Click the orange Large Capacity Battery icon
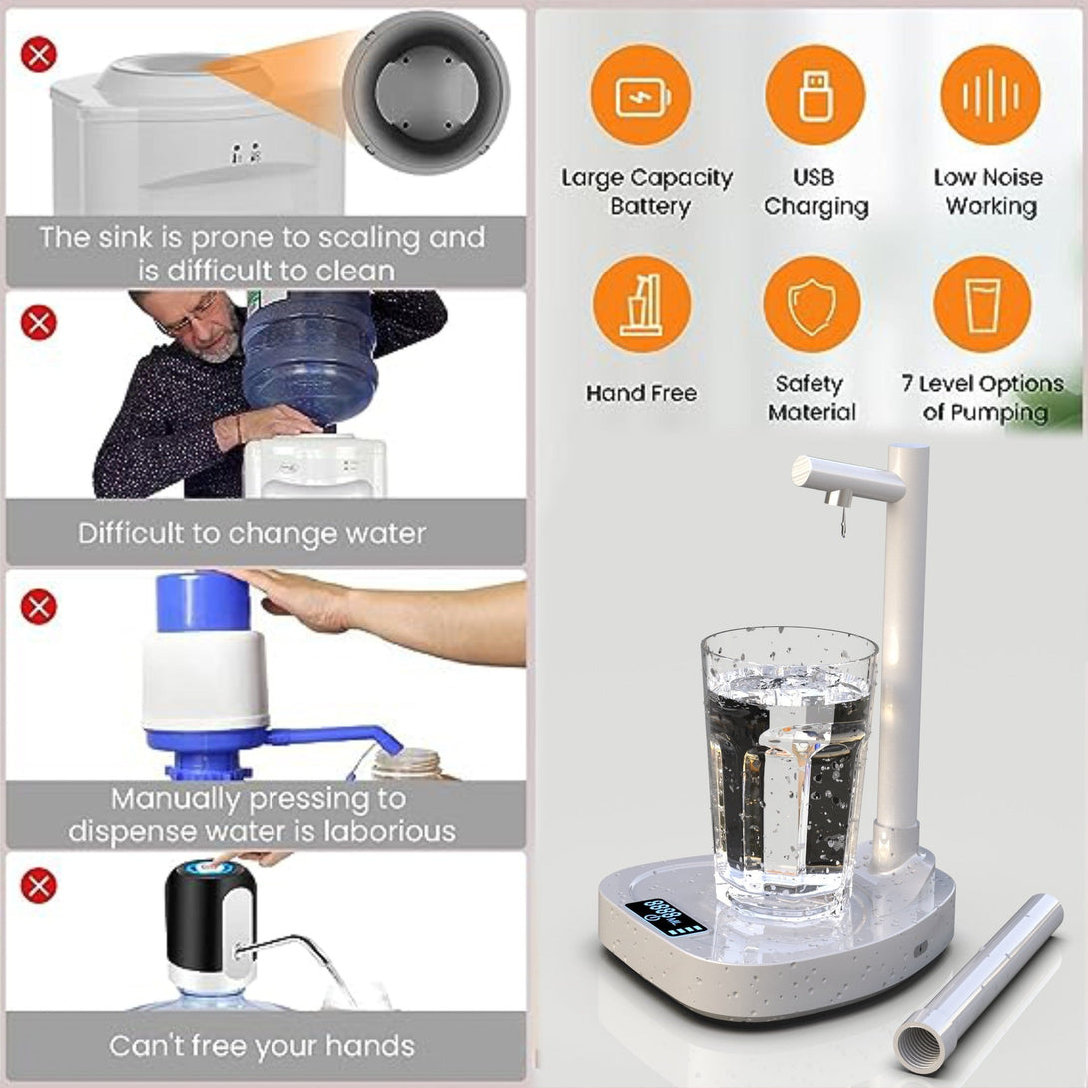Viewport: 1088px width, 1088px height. [641, 95]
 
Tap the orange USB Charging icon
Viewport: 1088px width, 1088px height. [815, 95]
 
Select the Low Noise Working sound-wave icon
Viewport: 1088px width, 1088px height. [990, 95]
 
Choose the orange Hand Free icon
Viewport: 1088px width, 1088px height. [641, 304]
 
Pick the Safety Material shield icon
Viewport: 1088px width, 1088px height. [812, 304]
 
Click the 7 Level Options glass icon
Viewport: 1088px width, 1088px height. [982, 304]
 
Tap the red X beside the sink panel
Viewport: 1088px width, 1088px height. [39, 54]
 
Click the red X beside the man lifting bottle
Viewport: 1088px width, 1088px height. [39, 323]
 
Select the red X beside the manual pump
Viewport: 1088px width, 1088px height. [39, 607]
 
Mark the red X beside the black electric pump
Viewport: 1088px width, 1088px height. [39, 885]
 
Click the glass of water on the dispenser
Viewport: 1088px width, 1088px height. [788, 769]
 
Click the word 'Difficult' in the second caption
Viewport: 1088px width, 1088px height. [137, 533]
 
